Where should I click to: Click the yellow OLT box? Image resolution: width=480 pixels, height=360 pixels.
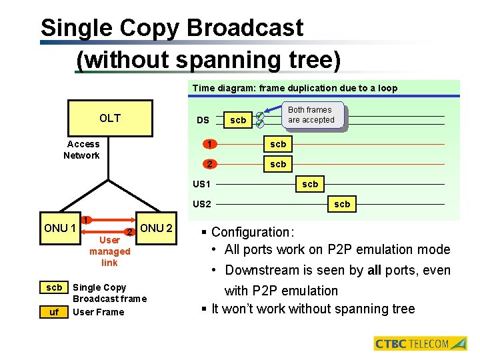coord(110,118)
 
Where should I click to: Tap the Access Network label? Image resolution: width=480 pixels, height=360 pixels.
coord(82,150)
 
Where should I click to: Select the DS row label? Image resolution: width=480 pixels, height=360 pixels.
coord(203,120)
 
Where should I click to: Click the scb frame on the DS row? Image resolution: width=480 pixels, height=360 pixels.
coord(238,120)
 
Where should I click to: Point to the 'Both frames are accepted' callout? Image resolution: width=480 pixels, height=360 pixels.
coord(310,115)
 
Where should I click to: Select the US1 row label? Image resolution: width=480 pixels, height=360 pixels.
coord(201,184)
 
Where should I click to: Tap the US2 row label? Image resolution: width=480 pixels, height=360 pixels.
coord(201,203)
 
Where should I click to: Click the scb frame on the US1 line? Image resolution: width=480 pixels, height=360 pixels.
coord(310,184)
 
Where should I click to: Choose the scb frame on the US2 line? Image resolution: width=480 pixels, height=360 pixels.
coord(342,204)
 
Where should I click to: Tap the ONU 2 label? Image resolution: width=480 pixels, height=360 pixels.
coord(157,228)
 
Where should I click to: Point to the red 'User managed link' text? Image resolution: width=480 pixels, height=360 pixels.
coord(109,251)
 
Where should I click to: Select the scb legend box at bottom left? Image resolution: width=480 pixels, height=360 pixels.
coord(55,288)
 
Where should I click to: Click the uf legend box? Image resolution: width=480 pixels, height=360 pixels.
coord(55,312)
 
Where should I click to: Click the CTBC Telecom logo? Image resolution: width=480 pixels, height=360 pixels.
coord(421,344)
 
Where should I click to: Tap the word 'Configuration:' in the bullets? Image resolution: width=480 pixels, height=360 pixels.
coord(253,232)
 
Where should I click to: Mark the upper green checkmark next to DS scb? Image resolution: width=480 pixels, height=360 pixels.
coord(261,115)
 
